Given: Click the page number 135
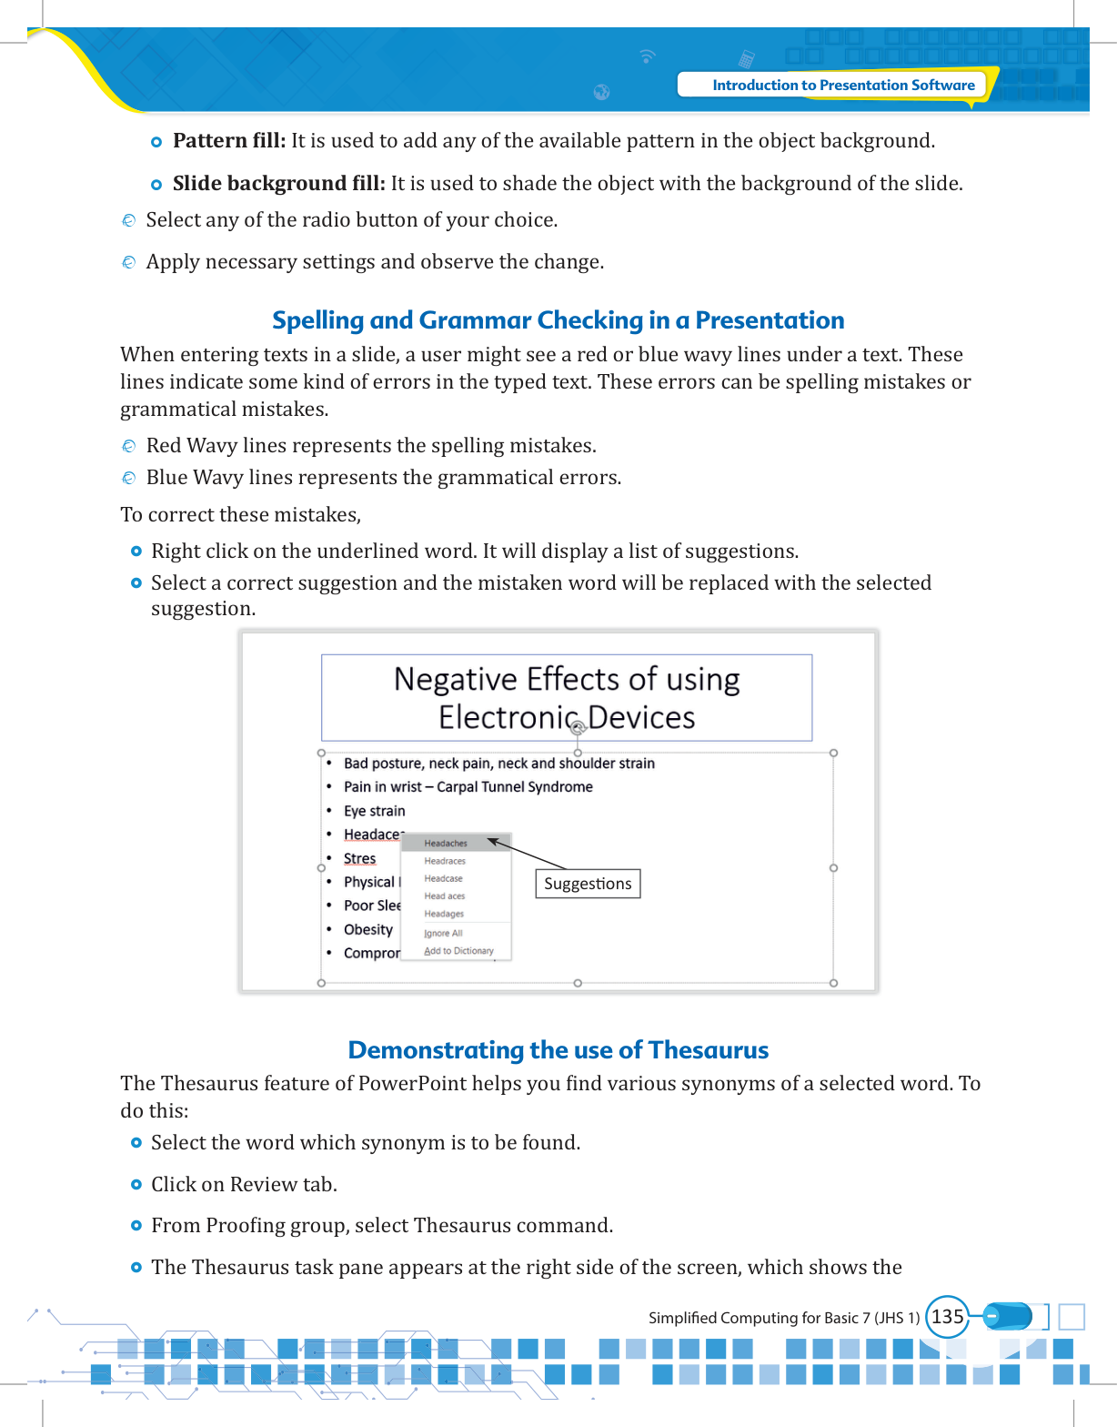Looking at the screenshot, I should [947, 1316].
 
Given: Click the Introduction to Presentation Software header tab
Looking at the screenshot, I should [842, 85].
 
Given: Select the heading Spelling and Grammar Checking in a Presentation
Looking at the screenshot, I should [558, 320].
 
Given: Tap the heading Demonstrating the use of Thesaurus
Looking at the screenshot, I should [558, 1050].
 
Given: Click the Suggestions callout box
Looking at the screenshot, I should [588, 884].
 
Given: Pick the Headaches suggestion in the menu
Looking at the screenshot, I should [446, 844].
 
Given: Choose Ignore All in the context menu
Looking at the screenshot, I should [443, 933].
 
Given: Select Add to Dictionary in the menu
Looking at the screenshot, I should [458, 951].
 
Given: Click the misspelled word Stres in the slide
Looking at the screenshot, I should [359, 858].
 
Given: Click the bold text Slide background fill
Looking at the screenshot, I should [278, 184].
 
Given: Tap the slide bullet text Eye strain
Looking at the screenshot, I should [374, 811].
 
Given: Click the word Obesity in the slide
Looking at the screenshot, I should [368, 929].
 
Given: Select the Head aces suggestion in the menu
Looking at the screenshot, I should [444, 896].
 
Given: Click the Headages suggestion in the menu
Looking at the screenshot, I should [444, 914].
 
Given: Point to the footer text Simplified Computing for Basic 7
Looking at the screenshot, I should [783, 1318].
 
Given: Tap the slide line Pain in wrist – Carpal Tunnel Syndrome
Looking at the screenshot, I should [468, 787].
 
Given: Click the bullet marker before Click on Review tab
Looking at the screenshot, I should [136, 1185].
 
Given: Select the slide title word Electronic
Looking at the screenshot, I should [508, 717].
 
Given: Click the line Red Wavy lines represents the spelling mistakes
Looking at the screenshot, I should [371, 446].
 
